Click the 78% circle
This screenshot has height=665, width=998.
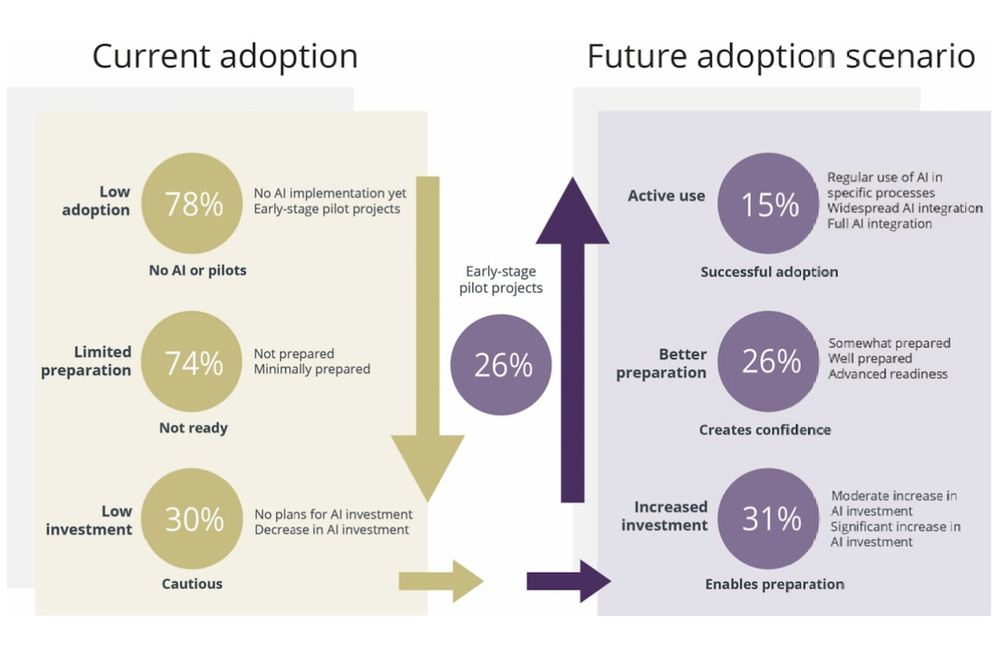point(192,204)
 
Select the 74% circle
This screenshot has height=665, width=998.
point(192,362)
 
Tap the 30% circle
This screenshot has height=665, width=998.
point(192,519)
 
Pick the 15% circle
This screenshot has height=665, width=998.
point(768,204)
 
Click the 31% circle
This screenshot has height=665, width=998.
point(768,519)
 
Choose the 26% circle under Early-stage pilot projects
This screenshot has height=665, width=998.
point(501,365)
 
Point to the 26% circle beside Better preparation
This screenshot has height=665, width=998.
point(768,362)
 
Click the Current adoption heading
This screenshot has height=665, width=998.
point(225,57)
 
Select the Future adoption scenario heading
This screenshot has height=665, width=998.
point(781,57)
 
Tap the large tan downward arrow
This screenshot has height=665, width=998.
point(427,339)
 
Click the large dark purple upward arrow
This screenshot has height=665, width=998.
point(572,339)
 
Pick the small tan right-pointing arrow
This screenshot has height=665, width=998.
point(441,581)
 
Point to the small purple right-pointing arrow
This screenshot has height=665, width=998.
point(569,581)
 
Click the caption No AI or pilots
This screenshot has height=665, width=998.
point(197,270)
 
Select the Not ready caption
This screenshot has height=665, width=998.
point(193,428)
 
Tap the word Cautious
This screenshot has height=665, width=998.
point(192,584)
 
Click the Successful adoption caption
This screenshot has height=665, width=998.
point(769,272)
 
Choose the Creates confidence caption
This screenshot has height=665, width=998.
point(765,430)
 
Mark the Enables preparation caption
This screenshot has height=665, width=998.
point(774,584)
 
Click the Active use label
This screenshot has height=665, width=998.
point(666,195)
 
